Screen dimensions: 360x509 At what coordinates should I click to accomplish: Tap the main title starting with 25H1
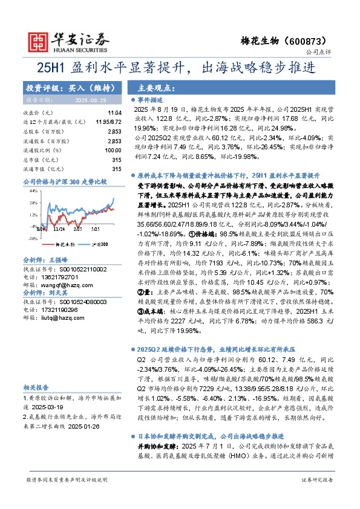pos(180,68)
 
